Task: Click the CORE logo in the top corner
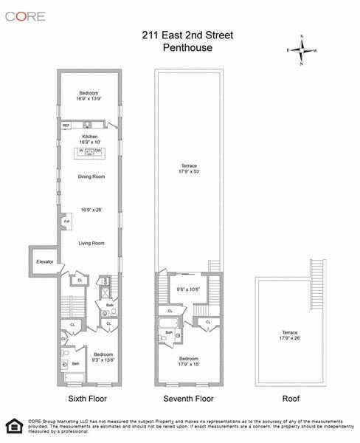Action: (x=27, y=16)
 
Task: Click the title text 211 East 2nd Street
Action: (x=187, y=33)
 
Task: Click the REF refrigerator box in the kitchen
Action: (x=66, y=126)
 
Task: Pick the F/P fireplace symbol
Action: (x=66, y=222)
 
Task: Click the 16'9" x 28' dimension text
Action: (x=89, y=210)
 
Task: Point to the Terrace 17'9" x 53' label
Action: (x=190, y=168)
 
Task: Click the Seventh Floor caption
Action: (x=190, y=399)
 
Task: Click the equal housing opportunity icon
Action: (x=13, y=426)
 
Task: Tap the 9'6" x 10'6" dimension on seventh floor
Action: (x=188, y=289)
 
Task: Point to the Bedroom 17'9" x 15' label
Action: (x=190, y=361)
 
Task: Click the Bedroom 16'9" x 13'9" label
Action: (x=89, y=96)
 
